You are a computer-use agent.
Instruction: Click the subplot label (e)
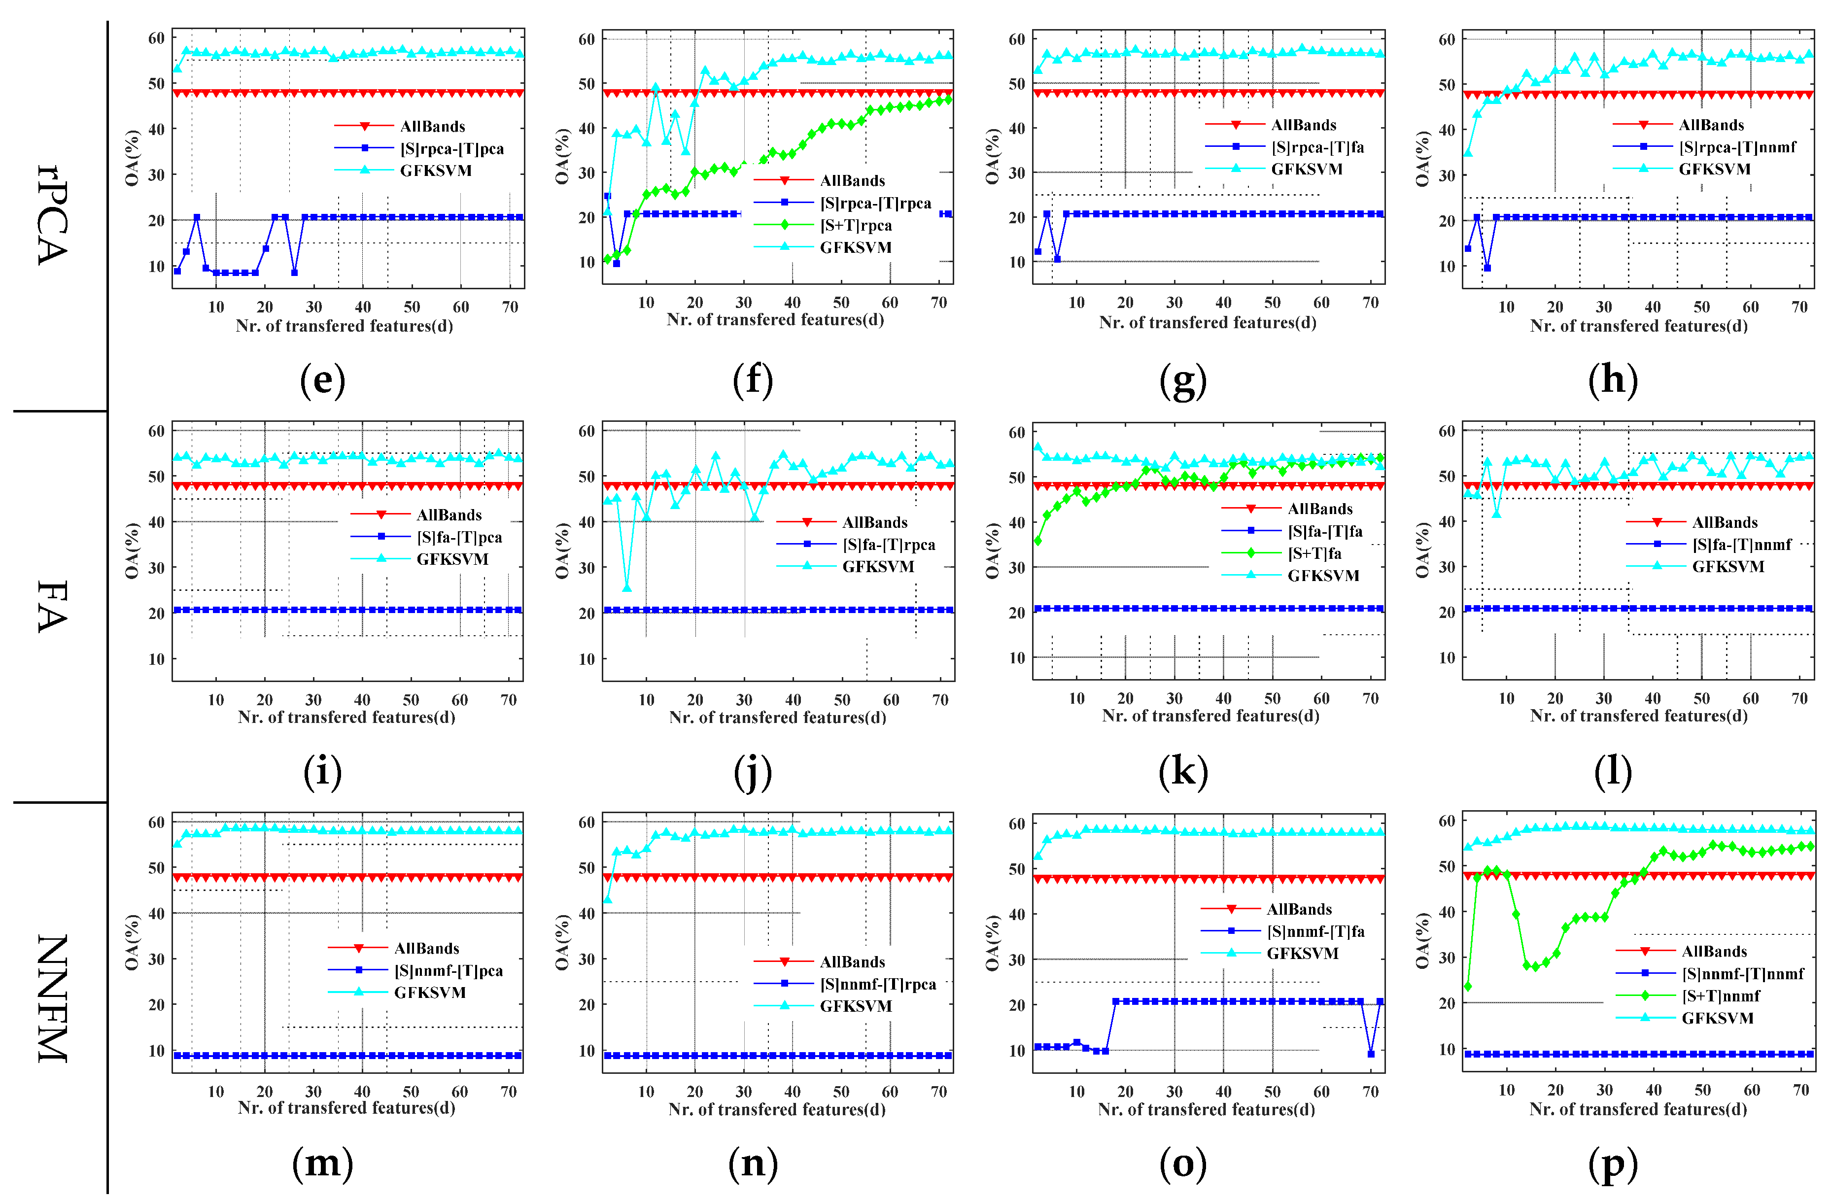pyautogui.click(x=322, y=380)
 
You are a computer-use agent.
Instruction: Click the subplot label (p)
pyautogui.click(x=1613, y=1164)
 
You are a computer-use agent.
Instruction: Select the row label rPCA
pyautogui.click(x=52, y=215)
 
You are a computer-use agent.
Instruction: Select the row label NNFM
pyautogui.click(x=52, y=998)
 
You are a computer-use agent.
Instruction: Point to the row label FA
pyautogui.click(x=52, y=606)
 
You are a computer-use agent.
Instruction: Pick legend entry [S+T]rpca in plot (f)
pyautogui.click(x=856, y=225)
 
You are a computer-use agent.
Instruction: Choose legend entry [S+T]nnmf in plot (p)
pyautogui.click(x=1720, y=996)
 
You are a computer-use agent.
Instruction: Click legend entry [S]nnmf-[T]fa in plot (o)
pyautogui.click(x=1315, y=931)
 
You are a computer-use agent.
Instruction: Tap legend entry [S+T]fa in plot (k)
pyautogui.click(x=1314, y=553)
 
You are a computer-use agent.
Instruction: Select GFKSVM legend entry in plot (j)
pyautogui.click(x=878, y=566)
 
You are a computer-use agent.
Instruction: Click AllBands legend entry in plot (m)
pyautogui.click(x=426, y=948)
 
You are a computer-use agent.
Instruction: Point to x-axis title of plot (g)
pyautogui.click(x=1207, y=322)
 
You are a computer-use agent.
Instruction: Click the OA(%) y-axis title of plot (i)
pyautogui.click(x=132, y=550)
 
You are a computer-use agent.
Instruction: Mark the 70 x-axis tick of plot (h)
pyautogui.click(x=1799, y=307)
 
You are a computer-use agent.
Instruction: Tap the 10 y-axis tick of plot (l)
pyautogui.click(x=1447, y=657)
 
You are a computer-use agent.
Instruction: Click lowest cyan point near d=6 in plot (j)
pyautogui.click(x=627, y=588)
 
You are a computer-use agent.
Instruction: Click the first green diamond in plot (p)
pyautogui.click(x=1468, y=986)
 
